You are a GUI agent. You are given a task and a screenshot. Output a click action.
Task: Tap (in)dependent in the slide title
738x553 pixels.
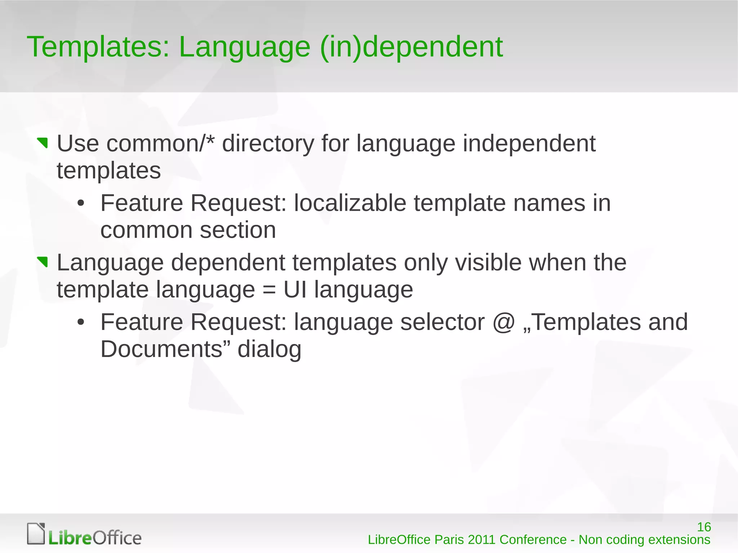pyautogui.click(x=411, y=48)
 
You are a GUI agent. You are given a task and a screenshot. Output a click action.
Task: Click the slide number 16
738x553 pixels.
pyautogui.click(x=704, y=527)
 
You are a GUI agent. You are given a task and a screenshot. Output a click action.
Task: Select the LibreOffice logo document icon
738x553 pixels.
pyautogui.click(x=36, y=533)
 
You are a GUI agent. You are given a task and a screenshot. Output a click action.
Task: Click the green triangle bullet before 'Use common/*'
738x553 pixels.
pyautogui.click(x=43, y=143)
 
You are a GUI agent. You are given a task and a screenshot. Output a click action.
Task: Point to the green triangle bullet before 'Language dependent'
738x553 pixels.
pyautogui.click(x=43, y=262)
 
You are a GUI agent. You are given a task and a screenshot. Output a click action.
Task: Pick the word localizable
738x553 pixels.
pyautogui.click(x=350, y=203)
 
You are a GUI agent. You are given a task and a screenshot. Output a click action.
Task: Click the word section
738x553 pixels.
pyautogui.click(x=238, y=231)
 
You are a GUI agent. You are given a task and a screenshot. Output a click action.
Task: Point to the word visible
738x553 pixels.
pyautogui.click(x=488, y=263)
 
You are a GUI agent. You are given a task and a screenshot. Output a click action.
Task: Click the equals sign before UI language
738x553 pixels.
pyautogui.click(x=269, y=290)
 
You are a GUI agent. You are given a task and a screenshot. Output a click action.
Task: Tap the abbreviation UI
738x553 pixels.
pyautogui.click(x=295, y=290)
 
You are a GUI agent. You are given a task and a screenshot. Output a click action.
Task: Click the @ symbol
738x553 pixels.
pyautogui.click(x=503, y=322)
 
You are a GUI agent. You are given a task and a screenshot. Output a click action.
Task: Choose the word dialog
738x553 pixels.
pyautogui.click(x=269, y=350)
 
